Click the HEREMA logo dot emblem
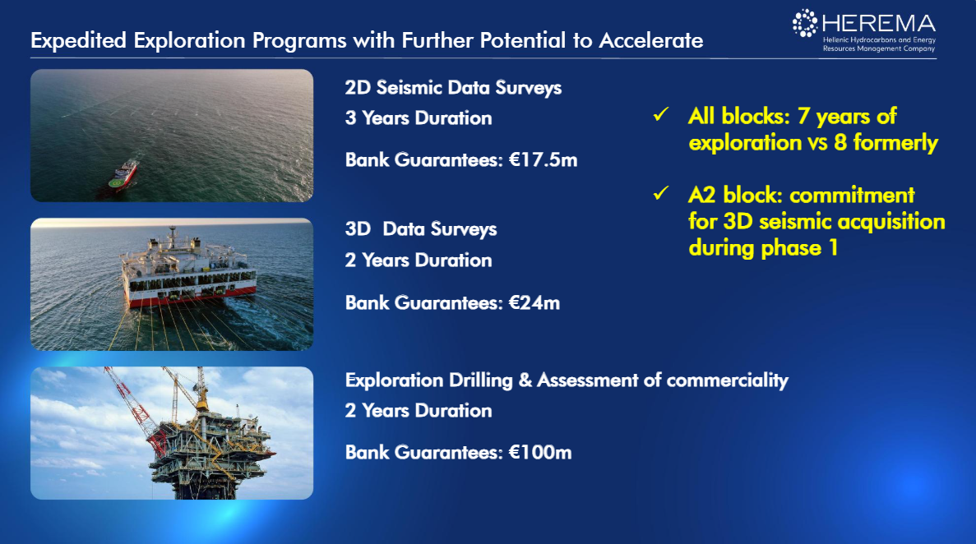pos(804,23)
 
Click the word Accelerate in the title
pos(651,40)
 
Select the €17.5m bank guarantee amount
pos(543,160)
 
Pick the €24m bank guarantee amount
pos(534,303)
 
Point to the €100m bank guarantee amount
pos(539,453)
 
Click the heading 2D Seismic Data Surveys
pos(453,88)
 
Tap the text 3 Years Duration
pos(419,118)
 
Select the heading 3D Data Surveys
pos(421,229)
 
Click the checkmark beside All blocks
pos(661,114)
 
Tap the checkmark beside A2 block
pos(661,194)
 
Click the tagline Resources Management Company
pos(879,48)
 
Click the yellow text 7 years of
pos(847,117)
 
